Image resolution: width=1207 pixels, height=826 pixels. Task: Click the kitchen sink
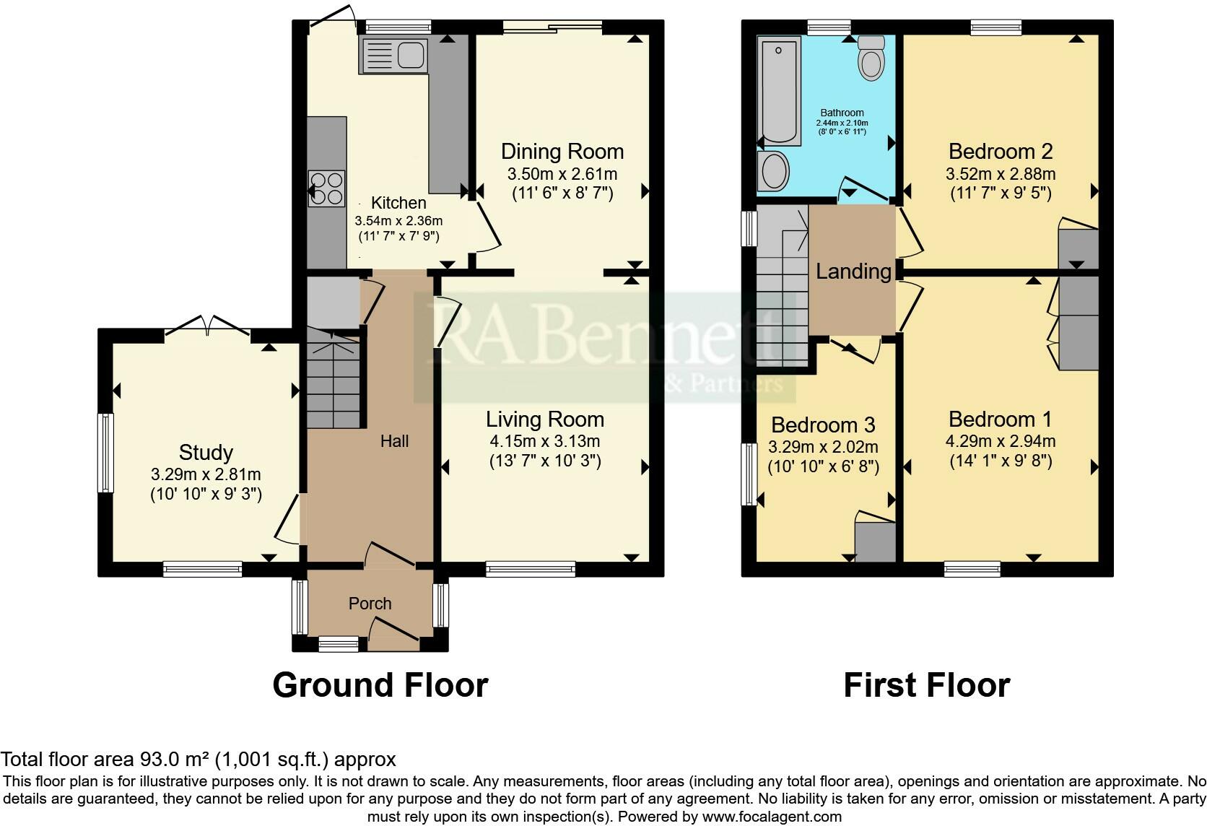point(393,55)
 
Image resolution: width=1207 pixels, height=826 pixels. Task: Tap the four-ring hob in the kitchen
point(326,188)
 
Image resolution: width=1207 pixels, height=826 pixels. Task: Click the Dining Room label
point(562,152)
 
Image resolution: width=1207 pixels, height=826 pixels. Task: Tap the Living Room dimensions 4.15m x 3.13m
point(544,441)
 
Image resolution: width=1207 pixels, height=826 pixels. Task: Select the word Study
point(206,453)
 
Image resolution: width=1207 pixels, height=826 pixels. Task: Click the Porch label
point(370,604)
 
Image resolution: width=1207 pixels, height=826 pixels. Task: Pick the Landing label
point(853,271)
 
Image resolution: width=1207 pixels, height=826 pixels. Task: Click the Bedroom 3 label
point(823,424)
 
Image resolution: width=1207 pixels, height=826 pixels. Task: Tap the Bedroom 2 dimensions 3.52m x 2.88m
point(1000,174)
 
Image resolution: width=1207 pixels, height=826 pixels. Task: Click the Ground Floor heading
point(380,684)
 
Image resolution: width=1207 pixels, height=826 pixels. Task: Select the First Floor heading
point(926,684)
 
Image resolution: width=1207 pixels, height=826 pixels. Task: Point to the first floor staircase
point(781,289)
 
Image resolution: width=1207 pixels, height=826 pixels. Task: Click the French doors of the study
point(207,329)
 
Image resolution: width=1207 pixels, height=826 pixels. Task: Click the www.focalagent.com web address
point(771,817)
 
